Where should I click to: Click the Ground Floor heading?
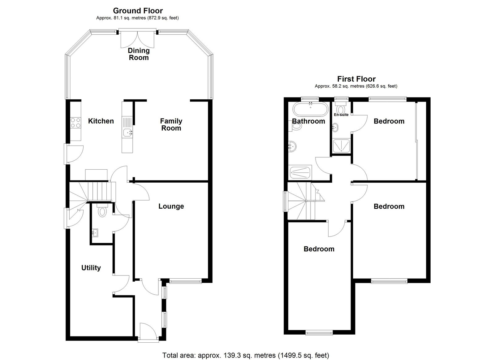click(x=138, y=11)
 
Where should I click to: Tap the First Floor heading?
click(x=356, y=79)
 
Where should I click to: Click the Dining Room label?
click(x=139, y=54)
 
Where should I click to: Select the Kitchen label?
click(x=101, y=121)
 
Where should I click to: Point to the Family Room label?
click(x=171, y=124)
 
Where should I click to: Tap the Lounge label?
click(x=171, y=206)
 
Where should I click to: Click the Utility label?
click(x=91, y=268)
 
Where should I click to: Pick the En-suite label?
click(x=341, y=115)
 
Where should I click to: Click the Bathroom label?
click(x=308, y=121)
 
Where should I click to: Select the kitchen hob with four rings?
click(x=75, y=123)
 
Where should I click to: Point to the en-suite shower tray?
click(x=342, y=146)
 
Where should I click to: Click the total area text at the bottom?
click(x=246, y=349)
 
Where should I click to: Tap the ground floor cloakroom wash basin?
click(x=95, y=233)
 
